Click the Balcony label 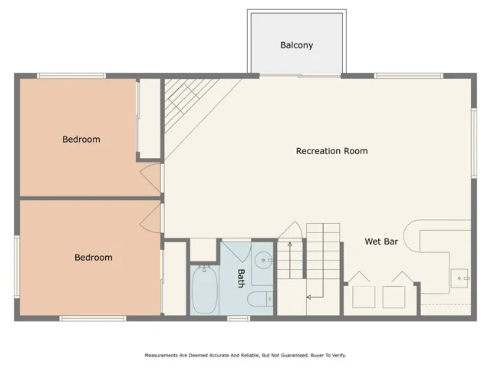(x=296, y=45)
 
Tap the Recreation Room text (x=331, y=151)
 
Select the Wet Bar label (x=381, y=242)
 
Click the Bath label (x=240, y=278)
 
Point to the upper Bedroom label (x=81, y=140)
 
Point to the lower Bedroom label (x=94, y=258)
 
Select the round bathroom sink (x=262, y=260)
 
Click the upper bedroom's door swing (x=150, y=178)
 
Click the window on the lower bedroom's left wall (x=16, y=265)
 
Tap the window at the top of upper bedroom (x=71, y=75)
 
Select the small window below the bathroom (x=238, y=317)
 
